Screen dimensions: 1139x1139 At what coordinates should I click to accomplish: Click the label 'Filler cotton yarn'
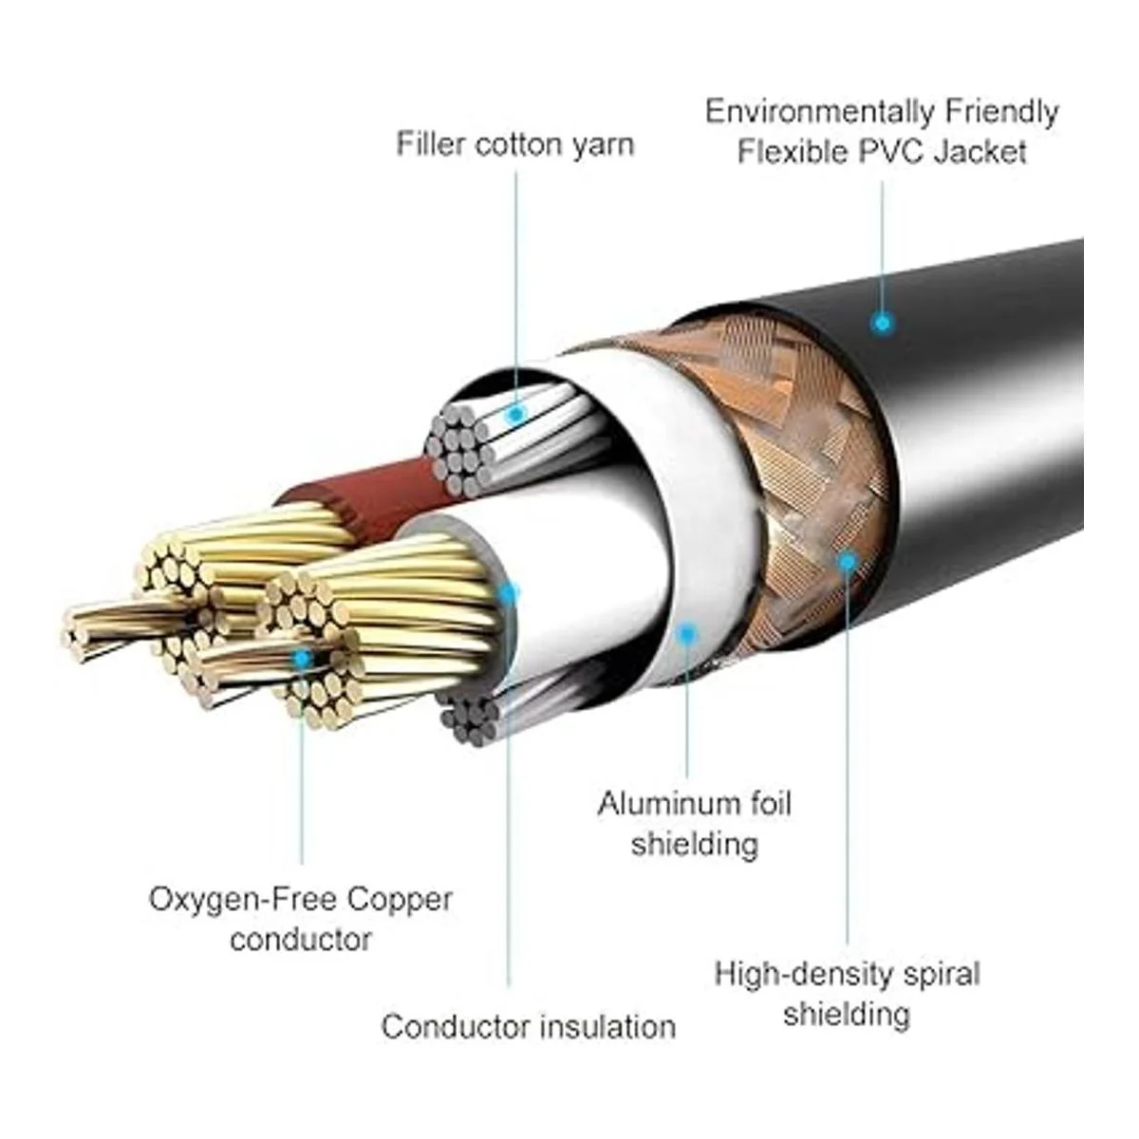pos(514,145)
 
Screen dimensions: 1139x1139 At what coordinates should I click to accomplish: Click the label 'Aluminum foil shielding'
pos(694,823)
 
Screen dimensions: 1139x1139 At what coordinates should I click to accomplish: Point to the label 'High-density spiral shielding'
pos(847,993)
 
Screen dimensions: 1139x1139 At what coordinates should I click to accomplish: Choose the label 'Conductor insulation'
pos(528,1026)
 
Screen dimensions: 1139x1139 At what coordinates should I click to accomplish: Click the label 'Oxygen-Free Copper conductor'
pos(301,918)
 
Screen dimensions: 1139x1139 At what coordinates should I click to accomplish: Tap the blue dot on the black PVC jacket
pos(883,323)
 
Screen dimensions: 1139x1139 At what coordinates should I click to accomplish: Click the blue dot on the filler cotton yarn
pos(515,414)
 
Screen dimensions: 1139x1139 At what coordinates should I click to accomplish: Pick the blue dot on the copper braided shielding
pos(847,561)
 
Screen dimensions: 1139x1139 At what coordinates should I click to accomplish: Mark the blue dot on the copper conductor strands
pos(302,657)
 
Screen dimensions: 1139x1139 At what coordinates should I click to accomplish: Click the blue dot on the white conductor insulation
pos(509,595)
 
